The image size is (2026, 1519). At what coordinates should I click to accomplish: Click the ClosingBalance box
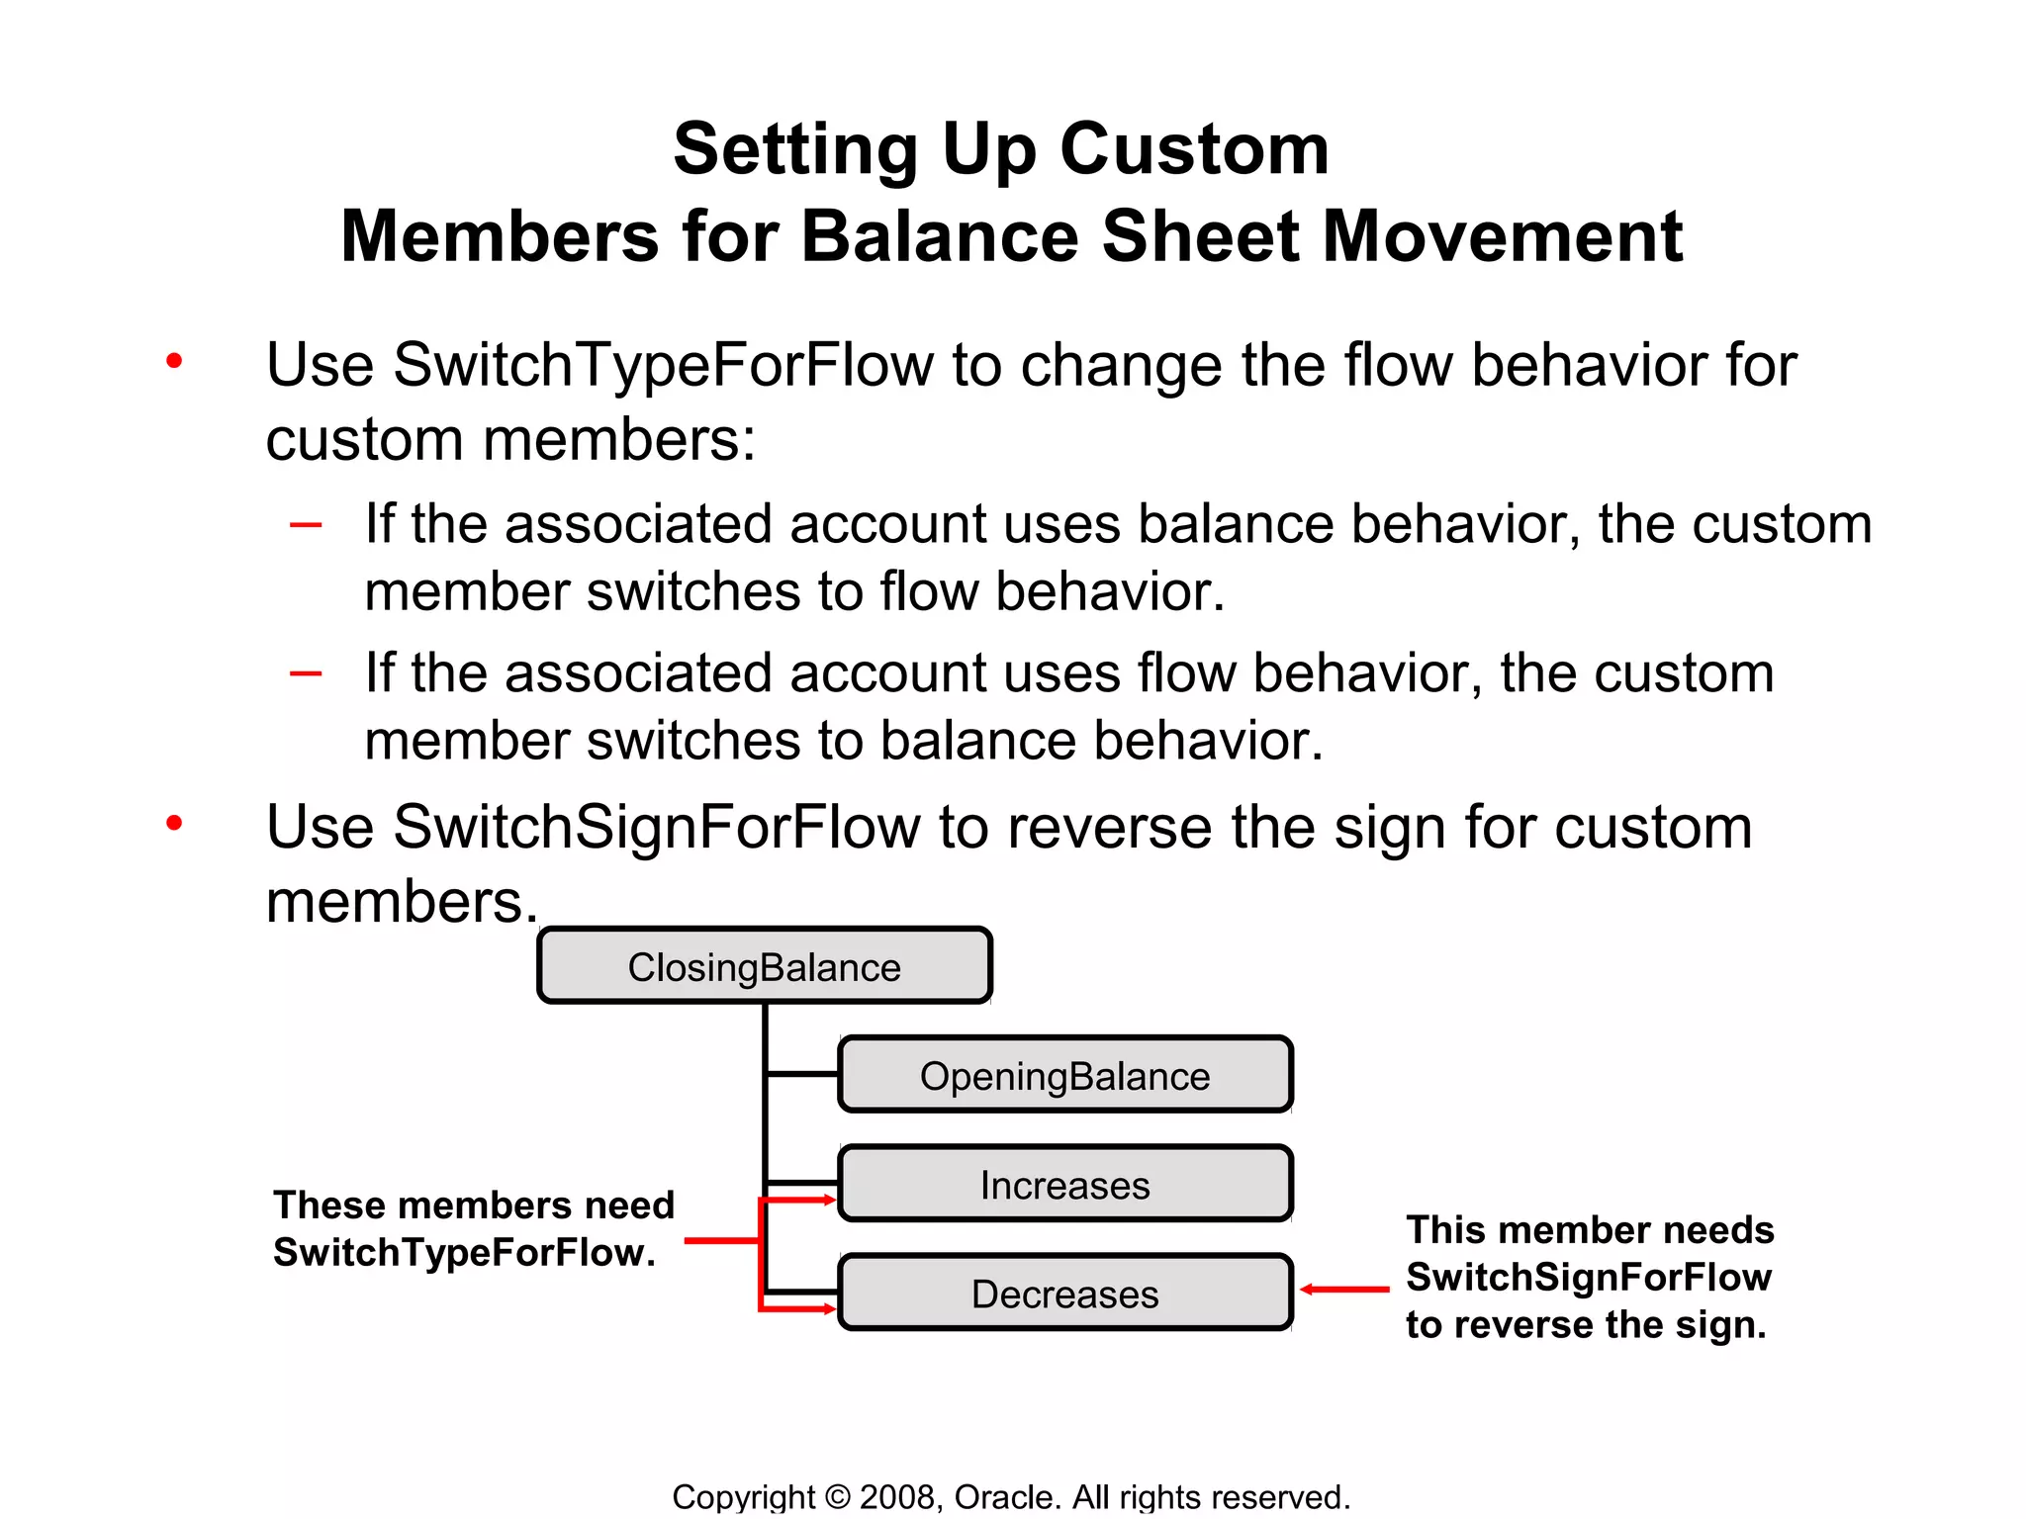click(764, 966)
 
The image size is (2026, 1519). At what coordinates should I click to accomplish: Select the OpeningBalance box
click(1064, 1075)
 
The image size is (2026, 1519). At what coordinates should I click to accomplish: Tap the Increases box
click(1064, 1184)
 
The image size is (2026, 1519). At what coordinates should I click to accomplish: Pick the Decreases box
click(1064, 1293)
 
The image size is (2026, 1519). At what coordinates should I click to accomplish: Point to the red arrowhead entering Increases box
click(829, 1201)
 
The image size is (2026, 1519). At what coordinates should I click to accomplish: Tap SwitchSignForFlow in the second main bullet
click(657, 827)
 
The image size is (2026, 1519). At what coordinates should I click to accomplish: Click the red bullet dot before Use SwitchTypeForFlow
click(175, 361)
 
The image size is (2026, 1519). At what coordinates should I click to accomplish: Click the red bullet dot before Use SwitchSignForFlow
click(175, 823)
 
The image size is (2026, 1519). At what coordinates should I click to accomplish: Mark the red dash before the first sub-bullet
click(306, 525)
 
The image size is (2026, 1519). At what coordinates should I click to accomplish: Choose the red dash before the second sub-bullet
click(306, 674)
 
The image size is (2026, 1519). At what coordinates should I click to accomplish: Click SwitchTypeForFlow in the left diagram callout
click(465, 1253)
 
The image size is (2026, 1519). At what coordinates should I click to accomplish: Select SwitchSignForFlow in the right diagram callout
click(1589, 1277)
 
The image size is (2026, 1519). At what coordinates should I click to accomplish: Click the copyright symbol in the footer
click(837, 1497)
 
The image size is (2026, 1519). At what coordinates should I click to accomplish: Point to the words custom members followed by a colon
click(510, 439)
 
